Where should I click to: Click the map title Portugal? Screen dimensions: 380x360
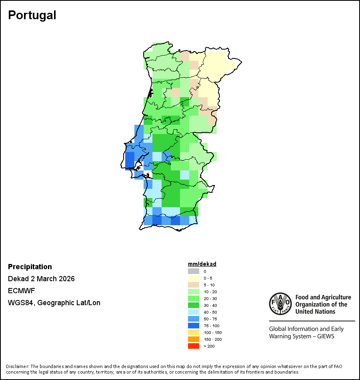(32, 15)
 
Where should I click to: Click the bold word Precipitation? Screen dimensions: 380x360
(30, 267)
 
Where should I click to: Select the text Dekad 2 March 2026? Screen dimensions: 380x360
(41, 279)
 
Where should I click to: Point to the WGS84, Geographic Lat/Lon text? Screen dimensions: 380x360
(54, 303)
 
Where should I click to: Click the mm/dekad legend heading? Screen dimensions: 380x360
(202, 264)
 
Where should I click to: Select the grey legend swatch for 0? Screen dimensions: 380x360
(194, 271)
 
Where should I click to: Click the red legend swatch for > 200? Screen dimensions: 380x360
(194, 346)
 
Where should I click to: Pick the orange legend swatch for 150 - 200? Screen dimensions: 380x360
(194, 339)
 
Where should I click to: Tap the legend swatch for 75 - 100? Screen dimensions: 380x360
(194, 326)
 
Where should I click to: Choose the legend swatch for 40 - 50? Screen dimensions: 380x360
(194, 312)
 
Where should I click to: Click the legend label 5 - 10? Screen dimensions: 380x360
(209, 285)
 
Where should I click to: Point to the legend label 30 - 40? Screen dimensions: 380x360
(210, 305)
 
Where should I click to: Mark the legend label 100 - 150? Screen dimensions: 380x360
(212, 332)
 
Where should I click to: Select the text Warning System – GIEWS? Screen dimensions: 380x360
(302, 336)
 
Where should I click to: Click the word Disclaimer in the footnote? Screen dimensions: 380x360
(17, 366)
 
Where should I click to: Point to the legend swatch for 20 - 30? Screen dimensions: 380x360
(194, 298)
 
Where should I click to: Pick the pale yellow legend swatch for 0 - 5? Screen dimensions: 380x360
(194, 278)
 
